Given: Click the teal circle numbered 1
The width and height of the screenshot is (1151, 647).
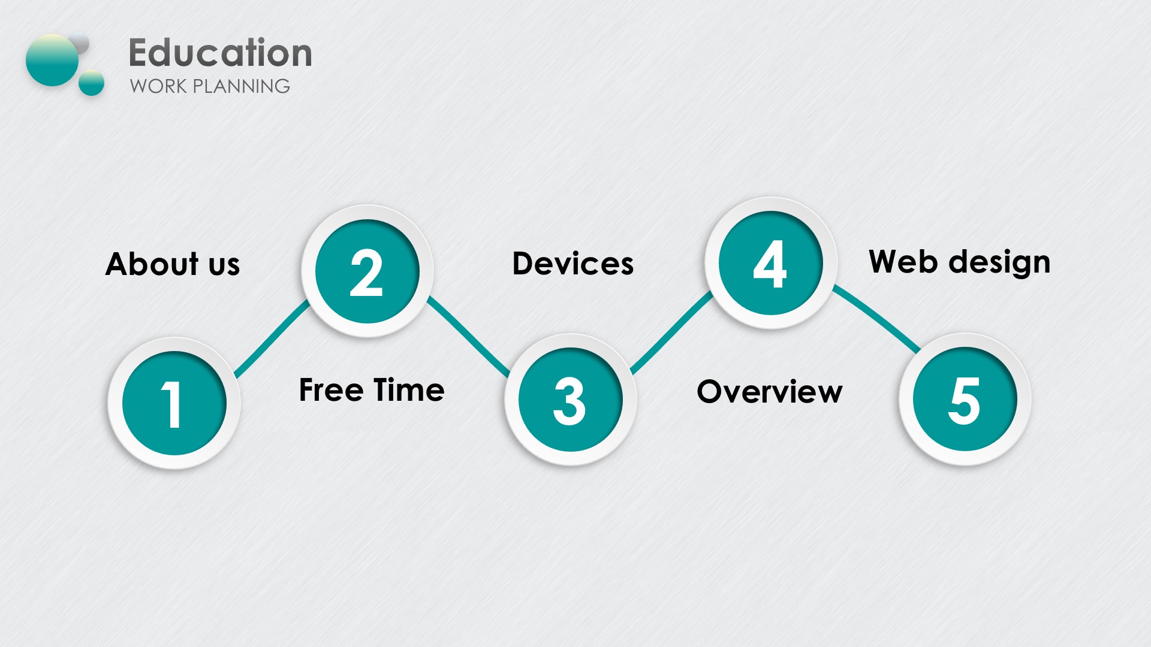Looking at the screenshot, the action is click(174, 403).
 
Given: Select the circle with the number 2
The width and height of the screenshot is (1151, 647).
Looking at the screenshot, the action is click(367, 271).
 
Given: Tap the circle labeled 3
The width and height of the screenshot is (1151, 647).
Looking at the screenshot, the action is click(570, 400).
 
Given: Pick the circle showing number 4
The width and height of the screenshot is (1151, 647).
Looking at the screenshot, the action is click(770, 263).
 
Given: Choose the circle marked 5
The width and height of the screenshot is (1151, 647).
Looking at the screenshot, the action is click(965, 399).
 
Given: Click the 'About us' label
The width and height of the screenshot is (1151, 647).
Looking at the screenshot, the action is click(173, 264).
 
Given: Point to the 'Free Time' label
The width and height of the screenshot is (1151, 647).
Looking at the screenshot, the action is click(372, 390).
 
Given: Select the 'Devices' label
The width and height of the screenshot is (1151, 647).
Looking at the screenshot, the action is click(573, 264).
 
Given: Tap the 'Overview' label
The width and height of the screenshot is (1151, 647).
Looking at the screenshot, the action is click(770, 392).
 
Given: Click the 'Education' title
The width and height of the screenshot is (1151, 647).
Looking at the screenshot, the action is click(221, 53).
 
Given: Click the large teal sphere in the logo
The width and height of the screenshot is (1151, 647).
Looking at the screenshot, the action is click(53, 60).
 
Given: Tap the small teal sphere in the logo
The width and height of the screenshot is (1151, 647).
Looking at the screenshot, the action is click(92, 83).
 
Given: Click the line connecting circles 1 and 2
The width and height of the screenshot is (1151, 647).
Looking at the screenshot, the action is click(272, 338).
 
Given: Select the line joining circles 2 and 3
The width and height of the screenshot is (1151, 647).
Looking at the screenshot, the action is click(468, 336).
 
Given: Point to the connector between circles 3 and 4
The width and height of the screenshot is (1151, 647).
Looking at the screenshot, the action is click(671, 332).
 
